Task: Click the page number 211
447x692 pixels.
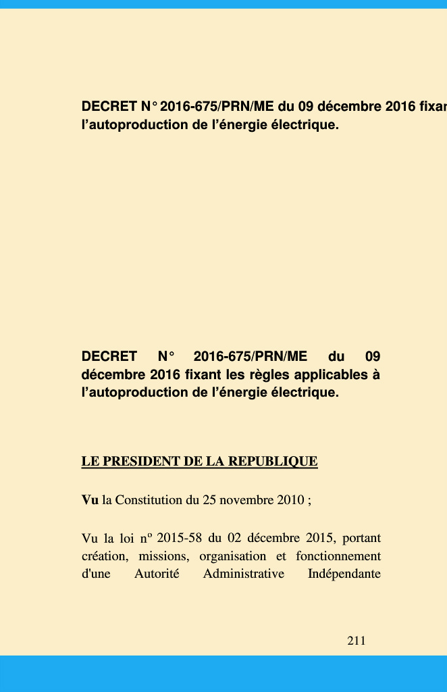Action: point(356,641)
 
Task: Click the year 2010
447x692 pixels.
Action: point(290,501)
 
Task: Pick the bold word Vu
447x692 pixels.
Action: point(90,501)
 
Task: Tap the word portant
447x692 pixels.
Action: point(361,539)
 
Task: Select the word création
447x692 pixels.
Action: point(103,557)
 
